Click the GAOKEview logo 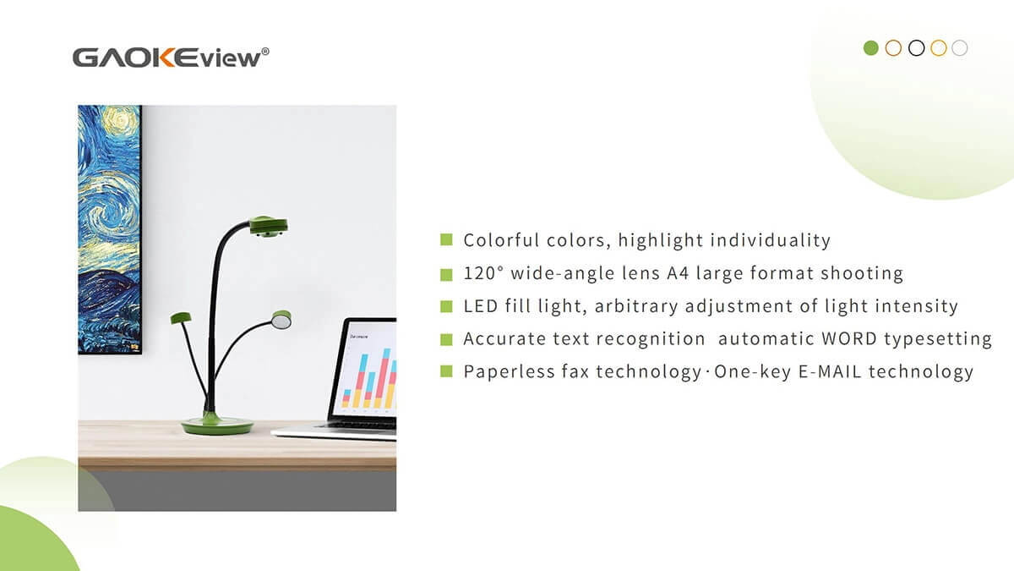click(x=171, y=58)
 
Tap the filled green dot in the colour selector click(x=870, y=48)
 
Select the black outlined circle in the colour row click(x=916, y=48)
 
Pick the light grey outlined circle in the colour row click(x=959, y=48)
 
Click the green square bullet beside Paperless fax click(x=446, y=371)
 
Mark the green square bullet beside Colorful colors click(x=446, y=239)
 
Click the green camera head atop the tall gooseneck click(x=269, y=227)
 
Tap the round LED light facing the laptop click(x=281, y=320)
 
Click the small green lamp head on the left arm click(x=181, y=318)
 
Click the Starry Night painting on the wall click(x=110, y=229)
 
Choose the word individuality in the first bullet click(x=771, y=240)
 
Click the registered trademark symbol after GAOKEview click(x=265, y=52)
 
